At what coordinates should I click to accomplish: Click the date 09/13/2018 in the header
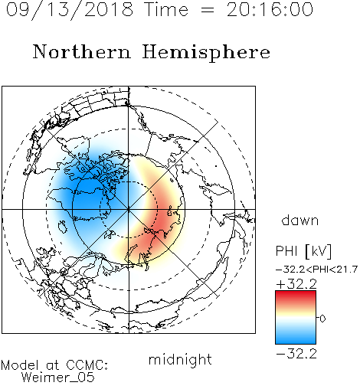[70, 10]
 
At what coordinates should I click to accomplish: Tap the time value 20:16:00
[270, 10]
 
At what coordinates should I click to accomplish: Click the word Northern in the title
[82, 51]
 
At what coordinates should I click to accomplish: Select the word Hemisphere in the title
[206, 53]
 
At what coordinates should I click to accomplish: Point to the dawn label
[300, 220]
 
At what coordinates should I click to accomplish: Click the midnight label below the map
[180, 360]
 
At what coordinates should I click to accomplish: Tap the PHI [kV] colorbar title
[303, 251]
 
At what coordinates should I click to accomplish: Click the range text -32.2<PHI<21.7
[316, 270]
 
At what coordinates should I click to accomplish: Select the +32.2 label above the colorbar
[296, 284]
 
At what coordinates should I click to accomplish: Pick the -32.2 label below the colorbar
[296, 354]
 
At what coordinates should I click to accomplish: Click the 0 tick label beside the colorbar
[322, 319]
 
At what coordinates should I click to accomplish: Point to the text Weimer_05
[58, 378]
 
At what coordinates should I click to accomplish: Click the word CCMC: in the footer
[87, 365]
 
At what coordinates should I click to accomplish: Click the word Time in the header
[166, 10]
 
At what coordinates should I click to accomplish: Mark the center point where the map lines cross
[129, 209]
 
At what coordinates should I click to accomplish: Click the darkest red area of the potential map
[163, 224]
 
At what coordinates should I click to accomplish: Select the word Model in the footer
[20, 365]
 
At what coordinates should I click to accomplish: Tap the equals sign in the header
[208, 10]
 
